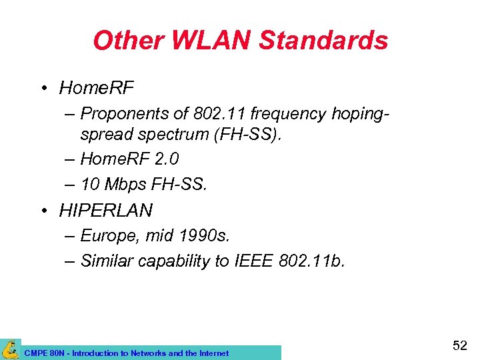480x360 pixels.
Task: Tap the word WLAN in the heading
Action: [211, 41]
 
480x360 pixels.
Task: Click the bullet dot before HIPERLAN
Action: [43, 211]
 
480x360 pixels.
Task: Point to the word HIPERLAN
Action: [106, 211]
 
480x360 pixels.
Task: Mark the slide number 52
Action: [459, 345]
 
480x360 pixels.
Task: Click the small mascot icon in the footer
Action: [10, 349]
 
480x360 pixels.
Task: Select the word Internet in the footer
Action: [213, 353]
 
